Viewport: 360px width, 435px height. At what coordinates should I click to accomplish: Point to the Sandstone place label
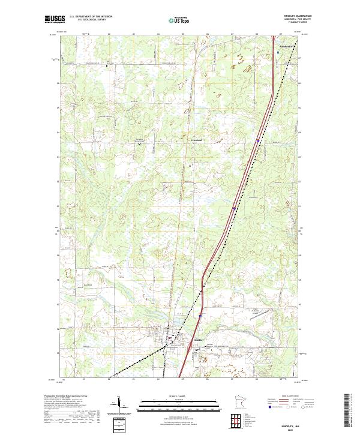287,46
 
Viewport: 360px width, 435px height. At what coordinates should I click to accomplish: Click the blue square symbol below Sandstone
278,52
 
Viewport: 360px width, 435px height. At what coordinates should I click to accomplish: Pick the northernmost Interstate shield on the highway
257,141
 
